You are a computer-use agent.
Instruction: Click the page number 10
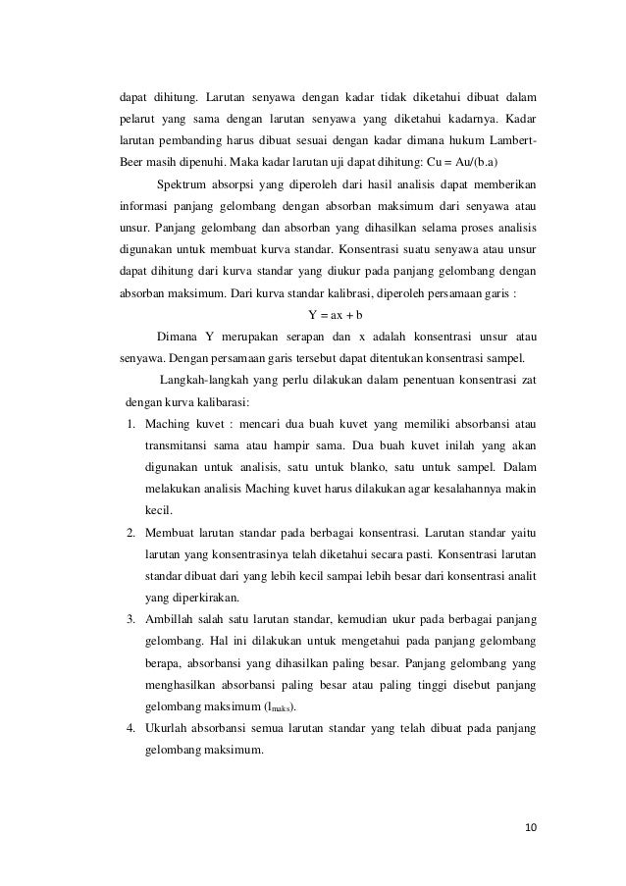click(531, 827)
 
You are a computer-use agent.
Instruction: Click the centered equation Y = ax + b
click(336, 316)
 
